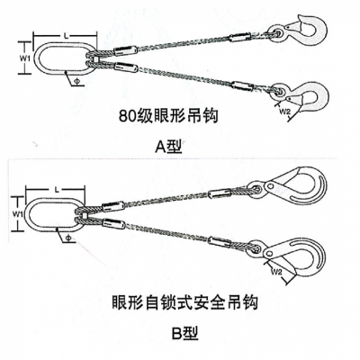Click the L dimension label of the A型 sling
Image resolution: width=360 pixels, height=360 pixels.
point(67,36)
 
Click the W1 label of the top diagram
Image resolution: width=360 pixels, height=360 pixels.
point(24,58)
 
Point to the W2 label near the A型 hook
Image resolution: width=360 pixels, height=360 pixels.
point(285,112)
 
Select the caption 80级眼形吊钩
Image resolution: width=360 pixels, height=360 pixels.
point(168,116)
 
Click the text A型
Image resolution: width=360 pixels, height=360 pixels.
point(168,147)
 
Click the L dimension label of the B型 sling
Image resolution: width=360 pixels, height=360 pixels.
point(58,190)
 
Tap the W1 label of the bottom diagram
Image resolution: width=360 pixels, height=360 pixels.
point(18,213)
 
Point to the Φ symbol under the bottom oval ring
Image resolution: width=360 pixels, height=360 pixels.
point(67,238)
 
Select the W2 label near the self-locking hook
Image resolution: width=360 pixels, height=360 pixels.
point(276,272)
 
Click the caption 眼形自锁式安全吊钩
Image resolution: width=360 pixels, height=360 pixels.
point(184,303)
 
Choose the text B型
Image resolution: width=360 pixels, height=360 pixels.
point(184,333)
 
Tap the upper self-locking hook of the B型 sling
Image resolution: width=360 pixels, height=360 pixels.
point(289,186)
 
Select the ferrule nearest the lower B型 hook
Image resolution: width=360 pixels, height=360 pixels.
point(220,241)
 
